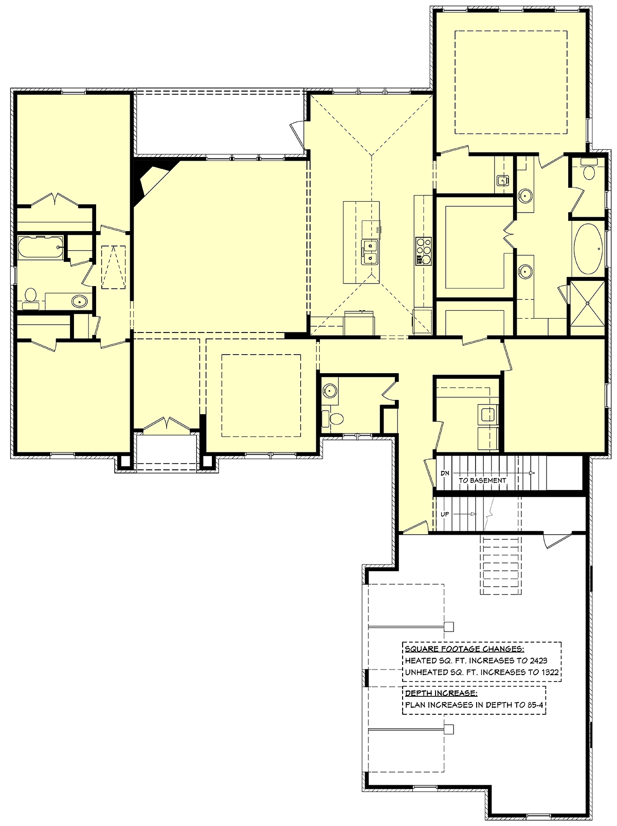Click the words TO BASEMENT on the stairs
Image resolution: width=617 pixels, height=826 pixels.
[x=482, y=481]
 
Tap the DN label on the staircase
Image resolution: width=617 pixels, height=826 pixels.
[x=445, y=473]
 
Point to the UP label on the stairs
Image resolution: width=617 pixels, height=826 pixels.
[x=444, y=514]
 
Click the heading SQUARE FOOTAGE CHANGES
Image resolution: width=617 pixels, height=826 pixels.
[x=464, y=649]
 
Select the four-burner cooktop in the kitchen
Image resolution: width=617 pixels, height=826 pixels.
[x=423, y=251]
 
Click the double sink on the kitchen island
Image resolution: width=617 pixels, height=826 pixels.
[x=370, y=253]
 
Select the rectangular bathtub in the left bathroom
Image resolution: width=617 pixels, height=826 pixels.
[x=41, y=248]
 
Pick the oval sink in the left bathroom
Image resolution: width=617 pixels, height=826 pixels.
[x=79, y=301]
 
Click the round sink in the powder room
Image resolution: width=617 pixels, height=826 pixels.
[x=330, y=390]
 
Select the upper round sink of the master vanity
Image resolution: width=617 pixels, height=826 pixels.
[x=525, y=196]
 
